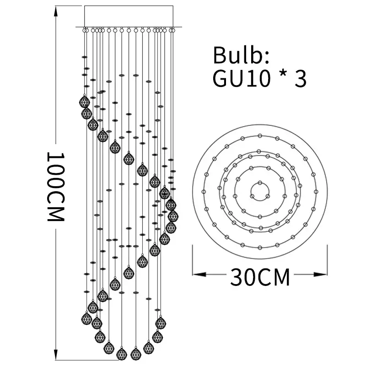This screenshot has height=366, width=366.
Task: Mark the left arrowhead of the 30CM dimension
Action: tap(198, 274)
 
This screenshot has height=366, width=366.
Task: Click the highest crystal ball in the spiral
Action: tap(84, 101)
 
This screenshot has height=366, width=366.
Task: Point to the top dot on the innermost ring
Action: tap(260, 182)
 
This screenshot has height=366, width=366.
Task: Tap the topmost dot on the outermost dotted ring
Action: tap(260, 135)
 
